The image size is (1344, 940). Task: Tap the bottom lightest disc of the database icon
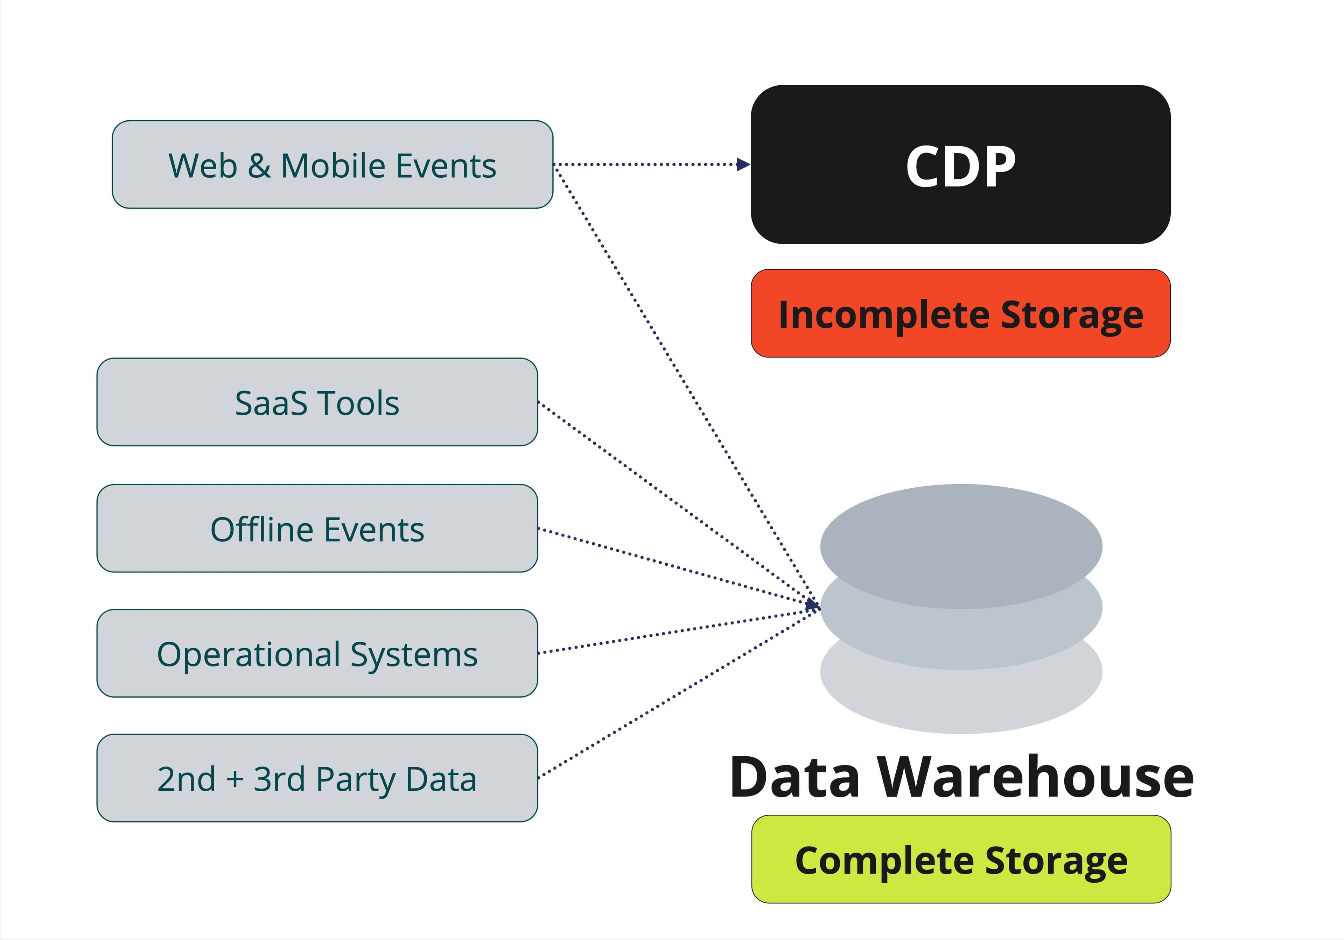tap(961, 702)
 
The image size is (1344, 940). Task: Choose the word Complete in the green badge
tap(883, 861)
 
